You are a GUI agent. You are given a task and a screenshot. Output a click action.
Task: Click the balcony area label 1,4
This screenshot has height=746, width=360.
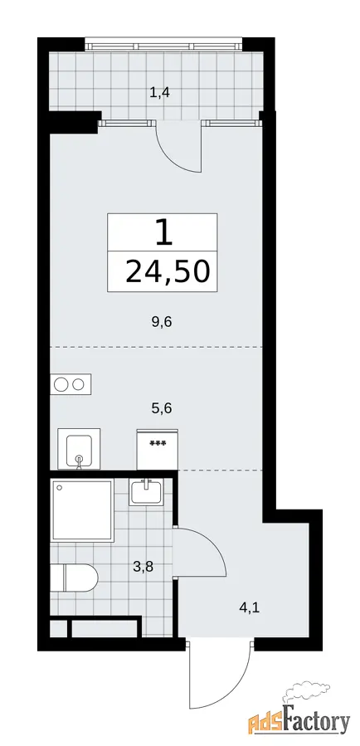point(160,92)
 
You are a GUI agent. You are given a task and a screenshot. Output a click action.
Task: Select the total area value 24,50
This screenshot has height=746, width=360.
point(168,272)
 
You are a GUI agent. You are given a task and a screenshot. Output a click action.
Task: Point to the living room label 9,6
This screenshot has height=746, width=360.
point(161,322)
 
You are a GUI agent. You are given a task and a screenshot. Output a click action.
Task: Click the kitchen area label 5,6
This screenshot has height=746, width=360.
point(161,407)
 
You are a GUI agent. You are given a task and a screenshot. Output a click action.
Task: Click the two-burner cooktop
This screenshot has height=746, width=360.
point(71,384)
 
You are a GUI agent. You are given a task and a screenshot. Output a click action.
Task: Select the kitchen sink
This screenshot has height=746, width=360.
point(79,449)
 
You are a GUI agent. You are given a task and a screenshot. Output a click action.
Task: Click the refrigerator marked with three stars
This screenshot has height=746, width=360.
point(158,450)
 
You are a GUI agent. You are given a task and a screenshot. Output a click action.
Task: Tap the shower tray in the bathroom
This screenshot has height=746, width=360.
point(83,510)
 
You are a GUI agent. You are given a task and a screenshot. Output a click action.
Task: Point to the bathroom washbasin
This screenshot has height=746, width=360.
point(146,491)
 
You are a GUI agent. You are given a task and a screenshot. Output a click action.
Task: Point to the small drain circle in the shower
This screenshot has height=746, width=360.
point(59,488)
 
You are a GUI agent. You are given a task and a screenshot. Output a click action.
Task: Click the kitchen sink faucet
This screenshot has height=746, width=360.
point(80,461)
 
